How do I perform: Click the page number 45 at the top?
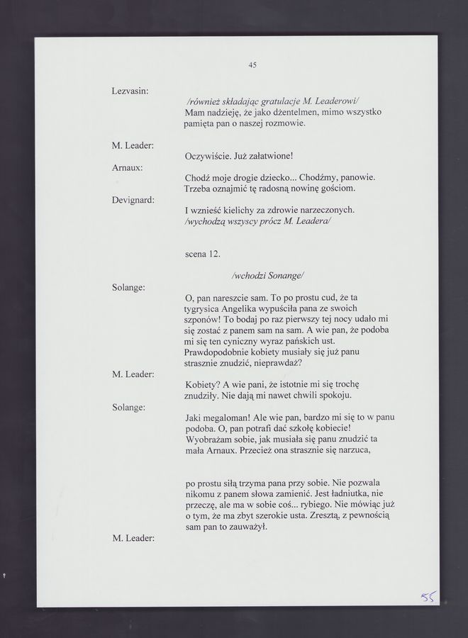tap(252, 65)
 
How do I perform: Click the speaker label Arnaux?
tap(128, 168)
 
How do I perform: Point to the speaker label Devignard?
tap(133, 201)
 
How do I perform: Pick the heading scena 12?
tap(202, 253)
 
